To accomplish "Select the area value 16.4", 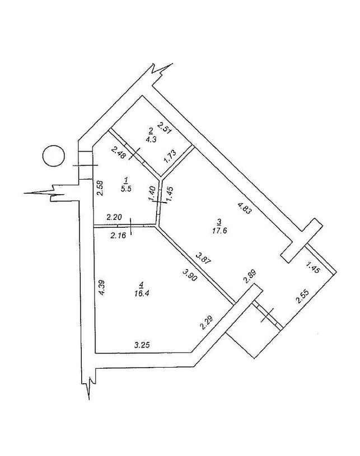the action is (x=142, y=293).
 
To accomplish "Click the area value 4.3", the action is (x=152, y=139).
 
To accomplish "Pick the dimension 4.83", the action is (x=244, y=208).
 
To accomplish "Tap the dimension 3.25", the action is (x=142, y=345).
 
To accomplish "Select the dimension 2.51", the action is (x=165, y=128).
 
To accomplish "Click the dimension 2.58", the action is (x=101, y=189).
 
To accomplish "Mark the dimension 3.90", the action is (x=190, y=275).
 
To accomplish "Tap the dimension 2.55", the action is (x=302, y=297).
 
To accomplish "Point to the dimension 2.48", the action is (x=119, y=153).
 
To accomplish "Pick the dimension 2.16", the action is (x=118, y=235).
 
